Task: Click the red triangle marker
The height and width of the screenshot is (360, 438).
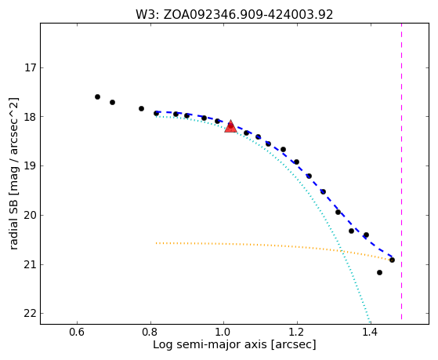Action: pyautogui.click(x=230, y=127)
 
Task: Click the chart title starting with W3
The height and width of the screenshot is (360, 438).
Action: pyautogui.click(x=234, y=15)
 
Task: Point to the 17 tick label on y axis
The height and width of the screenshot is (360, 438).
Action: pyautogui.click(x=31, y=67)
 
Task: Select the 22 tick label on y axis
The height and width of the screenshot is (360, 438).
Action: pyautogui.click(x=31, y=314)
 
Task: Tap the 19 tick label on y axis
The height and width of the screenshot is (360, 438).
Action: pyautogui.click(x=31, y=166)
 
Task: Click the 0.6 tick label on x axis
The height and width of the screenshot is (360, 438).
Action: pyautogui.click(x=77, y=333)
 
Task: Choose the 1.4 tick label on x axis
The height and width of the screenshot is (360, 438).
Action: pyautogui.click(x=371, y=333)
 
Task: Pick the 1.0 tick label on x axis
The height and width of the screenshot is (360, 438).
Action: pyautogui.click(x=224, y=333)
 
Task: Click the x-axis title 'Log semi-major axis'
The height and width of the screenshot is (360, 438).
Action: pyautogui.click(x=209, y=345)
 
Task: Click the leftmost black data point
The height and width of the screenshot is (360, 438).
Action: pyautogui.click(x=97, y=96)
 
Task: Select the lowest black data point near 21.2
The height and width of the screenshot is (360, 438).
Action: pyautogui.click(x=379, y=272)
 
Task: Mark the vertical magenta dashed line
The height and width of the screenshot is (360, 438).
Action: pyautogui.click(x=401, y=171)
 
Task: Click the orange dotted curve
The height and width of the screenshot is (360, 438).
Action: pyautogui.click(x=273, y=245)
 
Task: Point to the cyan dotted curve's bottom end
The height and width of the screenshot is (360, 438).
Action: pyautogui.click(x=370, y=323)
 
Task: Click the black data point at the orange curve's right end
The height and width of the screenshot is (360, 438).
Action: pyautogui.click(x=393, y=260)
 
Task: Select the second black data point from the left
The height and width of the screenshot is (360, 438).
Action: pyautogui.click(x=112, y=102)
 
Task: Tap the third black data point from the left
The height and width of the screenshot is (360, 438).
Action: pyautogui.click(x=141, y=108)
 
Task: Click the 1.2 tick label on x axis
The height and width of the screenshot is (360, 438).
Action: pyautogui.click(x=297, y=333)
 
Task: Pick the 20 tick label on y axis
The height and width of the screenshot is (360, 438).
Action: pyautogui.click(x=31, y=216)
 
